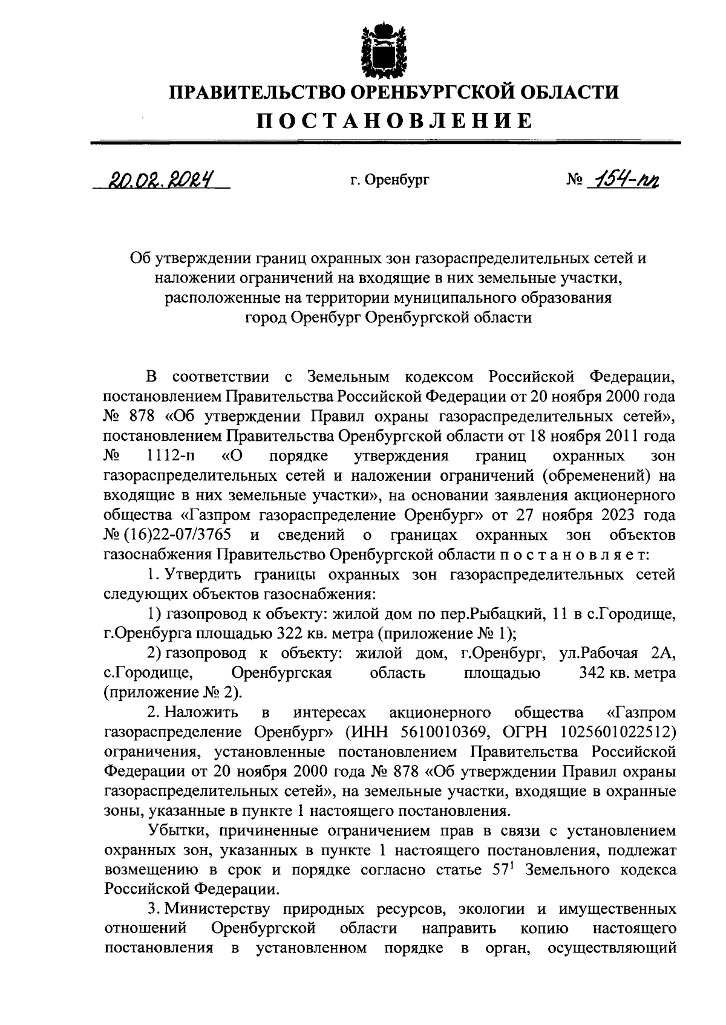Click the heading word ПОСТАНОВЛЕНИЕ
(x=393, y=120)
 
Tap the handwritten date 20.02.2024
(x=162, y=179)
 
